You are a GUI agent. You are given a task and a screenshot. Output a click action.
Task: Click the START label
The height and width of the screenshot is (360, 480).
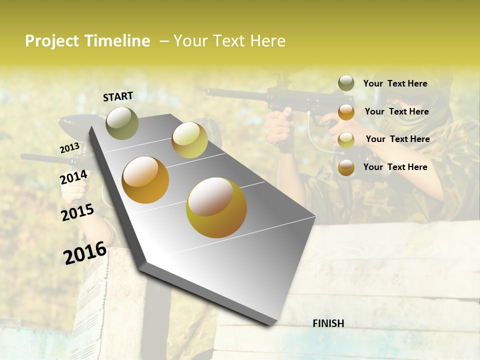point(118,96)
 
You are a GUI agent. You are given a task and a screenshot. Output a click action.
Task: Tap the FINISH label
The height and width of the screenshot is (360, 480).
point(328,323)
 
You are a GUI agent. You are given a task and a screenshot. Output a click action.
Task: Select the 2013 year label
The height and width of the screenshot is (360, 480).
point(69,148)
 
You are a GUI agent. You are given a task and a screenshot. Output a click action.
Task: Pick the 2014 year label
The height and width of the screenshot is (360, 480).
point(73,177)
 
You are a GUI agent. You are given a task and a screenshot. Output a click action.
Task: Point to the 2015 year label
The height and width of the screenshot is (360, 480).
point(77,212)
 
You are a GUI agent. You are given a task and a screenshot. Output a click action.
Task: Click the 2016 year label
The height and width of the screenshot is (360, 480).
point(85,252)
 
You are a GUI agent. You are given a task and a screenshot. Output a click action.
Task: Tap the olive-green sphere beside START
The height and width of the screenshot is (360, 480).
point(122,123)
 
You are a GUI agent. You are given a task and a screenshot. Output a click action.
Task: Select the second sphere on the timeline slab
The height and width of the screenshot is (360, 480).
point(189,140)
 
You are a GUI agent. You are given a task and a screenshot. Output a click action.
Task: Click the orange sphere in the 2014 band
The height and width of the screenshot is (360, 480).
point(145,180)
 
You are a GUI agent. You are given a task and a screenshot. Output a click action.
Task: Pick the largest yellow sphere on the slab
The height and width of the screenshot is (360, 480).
point(216,207)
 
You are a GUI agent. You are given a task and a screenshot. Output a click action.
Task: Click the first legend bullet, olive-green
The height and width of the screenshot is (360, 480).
point(346,83)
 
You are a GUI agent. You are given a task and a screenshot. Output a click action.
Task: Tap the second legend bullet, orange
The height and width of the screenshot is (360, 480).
point(346,111)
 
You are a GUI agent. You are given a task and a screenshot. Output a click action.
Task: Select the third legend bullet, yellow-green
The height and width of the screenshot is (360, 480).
point(346,139)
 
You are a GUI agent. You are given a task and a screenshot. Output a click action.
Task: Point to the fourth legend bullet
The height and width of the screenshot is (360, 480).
point(346,167)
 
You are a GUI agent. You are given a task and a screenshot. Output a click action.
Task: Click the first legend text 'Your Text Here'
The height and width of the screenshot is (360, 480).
point(395,84)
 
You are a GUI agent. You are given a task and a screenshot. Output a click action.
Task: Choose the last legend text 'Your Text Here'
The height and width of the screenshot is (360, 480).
point(395,167)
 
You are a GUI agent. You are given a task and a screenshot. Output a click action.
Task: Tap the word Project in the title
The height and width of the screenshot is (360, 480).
point(52,41)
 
